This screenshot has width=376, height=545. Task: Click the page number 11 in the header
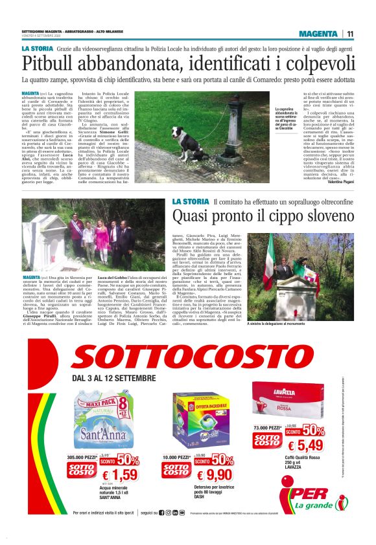pyautogui.click(x=350, y=34)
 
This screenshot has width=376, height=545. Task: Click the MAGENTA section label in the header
pyautogui.click(x=318, y=34)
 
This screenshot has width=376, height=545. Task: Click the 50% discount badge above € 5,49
pyautogui.click(x=312, y=429)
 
